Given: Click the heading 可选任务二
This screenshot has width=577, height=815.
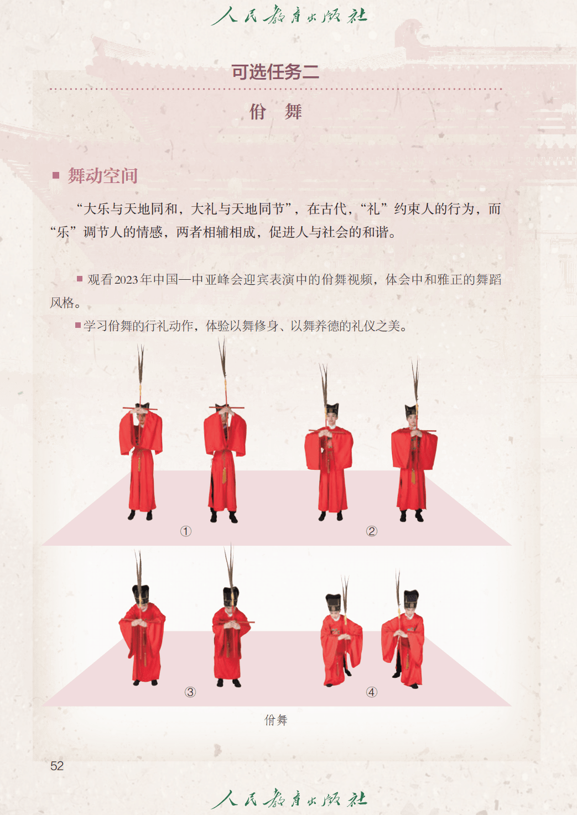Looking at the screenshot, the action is (275, 72).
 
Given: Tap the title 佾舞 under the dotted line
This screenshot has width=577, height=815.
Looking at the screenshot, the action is (275, 111).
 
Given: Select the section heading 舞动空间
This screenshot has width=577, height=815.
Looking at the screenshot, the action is (103, 176).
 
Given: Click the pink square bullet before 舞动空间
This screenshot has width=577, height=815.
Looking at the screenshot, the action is (56, 175).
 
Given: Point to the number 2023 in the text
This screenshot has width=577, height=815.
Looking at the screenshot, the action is (127, 279).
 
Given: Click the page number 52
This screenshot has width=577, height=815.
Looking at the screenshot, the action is (57, 766).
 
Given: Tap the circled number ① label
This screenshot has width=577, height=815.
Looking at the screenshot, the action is (186, 531).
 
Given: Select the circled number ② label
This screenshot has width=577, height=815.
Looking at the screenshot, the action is (371, 531).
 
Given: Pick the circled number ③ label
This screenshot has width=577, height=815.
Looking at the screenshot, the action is (190, 692).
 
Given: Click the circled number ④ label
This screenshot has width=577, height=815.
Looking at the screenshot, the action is (371, 692).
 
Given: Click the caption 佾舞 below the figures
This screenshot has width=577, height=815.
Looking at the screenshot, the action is (276, 720).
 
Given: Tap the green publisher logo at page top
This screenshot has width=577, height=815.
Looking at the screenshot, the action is (289, 15).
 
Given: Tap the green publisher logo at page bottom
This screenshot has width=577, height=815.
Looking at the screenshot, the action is (289, 800).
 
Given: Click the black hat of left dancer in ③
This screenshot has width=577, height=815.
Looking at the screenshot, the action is (141, 594).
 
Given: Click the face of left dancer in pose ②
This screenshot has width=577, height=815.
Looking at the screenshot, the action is (331, 419).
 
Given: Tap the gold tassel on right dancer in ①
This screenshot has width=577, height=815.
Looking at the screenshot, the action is (224, 474).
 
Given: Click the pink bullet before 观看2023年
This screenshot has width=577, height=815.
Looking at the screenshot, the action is (79, 279).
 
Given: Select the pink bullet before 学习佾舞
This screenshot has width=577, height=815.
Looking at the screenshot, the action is (78, 325).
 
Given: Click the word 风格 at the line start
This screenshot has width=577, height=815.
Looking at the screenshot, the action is (63, 302).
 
